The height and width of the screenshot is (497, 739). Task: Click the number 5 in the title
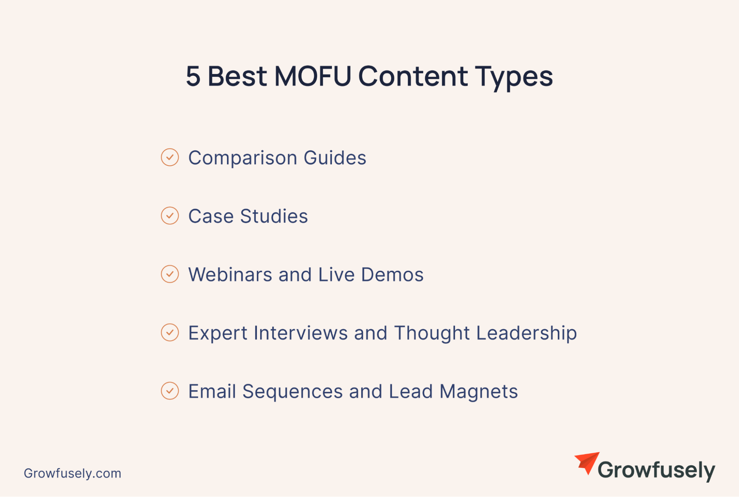coord(193,76)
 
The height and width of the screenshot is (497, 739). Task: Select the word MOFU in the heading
coord(313,76)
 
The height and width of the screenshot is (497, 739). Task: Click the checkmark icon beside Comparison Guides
coord(170,157)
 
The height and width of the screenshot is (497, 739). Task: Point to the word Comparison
coord(243,158)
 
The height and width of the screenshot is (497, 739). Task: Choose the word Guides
coord(335,158)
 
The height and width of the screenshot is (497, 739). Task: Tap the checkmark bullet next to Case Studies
coord(170,216)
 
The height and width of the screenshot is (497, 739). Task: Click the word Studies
coord(274,216)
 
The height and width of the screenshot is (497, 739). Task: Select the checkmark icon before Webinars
coord(170,274)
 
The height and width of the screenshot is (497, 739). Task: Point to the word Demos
coord(392,274)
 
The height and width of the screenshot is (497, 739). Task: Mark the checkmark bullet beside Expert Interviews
coord(170,332)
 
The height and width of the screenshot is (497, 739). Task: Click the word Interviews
coord(301,333)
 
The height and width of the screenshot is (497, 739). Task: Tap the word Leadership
coord(526,334)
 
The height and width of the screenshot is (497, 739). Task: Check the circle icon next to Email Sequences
coord(170,391)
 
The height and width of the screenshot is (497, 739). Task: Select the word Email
coord(212,391)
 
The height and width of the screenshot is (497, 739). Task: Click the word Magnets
coord(479,392)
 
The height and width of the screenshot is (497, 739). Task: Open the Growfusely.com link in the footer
coord(72,473)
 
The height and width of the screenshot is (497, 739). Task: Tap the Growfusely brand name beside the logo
coord(657,470)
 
